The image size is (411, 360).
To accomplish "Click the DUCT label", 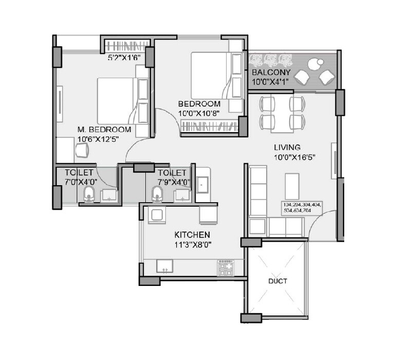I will pos(277,281).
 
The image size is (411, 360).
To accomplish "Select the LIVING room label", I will pos(287,147).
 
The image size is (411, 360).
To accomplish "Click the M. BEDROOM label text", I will pos(104,130).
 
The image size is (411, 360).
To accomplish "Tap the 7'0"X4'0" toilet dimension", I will pos(82,182).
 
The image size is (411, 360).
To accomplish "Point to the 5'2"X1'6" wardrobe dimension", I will pos(124,58).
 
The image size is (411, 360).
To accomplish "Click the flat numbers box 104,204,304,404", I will pos(302,208).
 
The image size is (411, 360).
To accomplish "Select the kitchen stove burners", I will pos(225,267).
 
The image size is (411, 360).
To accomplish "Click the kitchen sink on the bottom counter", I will pos(164,267).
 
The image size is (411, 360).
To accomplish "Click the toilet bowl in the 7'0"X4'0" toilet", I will pos(87,194).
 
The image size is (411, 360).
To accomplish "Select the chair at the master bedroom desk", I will pos(82,151).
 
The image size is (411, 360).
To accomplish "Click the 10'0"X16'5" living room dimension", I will pos(294,156).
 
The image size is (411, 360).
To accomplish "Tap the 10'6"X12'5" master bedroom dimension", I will pos(101,138).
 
